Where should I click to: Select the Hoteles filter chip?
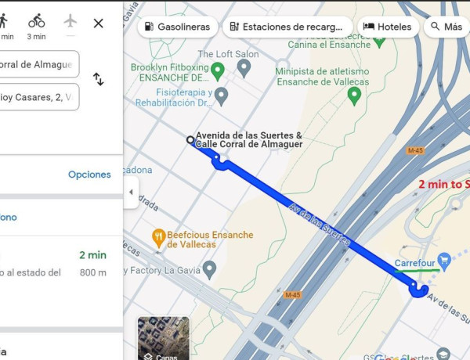coord(388,27)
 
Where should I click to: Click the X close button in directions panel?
coord(98,23)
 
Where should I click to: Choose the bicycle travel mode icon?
coord(37,20)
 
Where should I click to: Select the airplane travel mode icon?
coord(71,20)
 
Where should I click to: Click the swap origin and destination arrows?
coord(99,79)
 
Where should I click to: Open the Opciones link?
coord(89,175)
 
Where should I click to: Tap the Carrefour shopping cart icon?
coord(444,259)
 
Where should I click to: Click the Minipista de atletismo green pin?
coord(354,95)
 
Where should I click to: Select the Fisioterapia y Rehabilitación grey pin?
coord(222,96)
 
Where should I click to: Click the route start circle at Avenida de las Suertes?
coord(190,140)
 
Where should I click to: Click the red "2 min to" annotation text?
coord(443,185)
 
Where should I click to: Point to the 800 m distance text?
coord(92,272)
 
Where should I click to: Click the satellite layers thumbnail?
coord(164,338)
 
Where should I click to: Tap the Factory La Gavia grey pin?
coord(209,270)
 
